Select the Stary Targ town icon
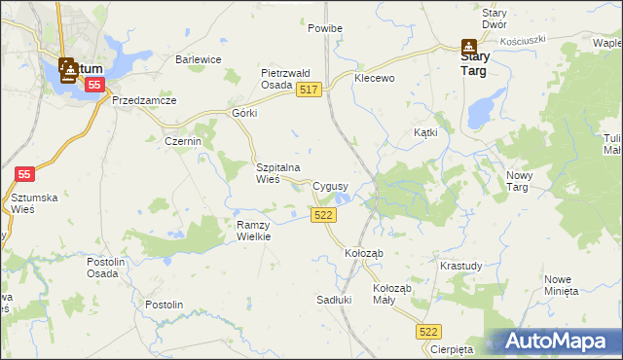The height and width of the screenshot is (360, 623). click(x=468, y=45)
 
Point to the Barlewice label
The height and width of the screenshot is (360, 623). click(x=199, y=59)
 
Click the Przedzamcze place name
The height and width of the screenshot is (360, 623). click(x=143, y=100)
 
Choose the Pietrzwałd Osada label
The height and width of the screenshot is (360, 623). click(x=284, y=79)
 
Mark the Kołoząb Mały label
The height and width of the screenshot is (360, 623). click(x=393, y=295)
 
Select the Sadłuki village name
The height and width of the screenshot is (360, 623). click(x=333, y=300)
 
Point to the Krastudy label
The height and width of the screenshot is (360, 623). click(x=459, y=266)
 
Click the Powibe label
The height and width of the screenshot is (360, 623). click(x=325, y=29)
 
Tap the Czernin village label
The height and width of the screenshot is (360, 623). click(x=183, y=141)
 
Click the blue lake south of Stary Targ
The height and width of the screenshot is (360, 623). click(x=480, y=110)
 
